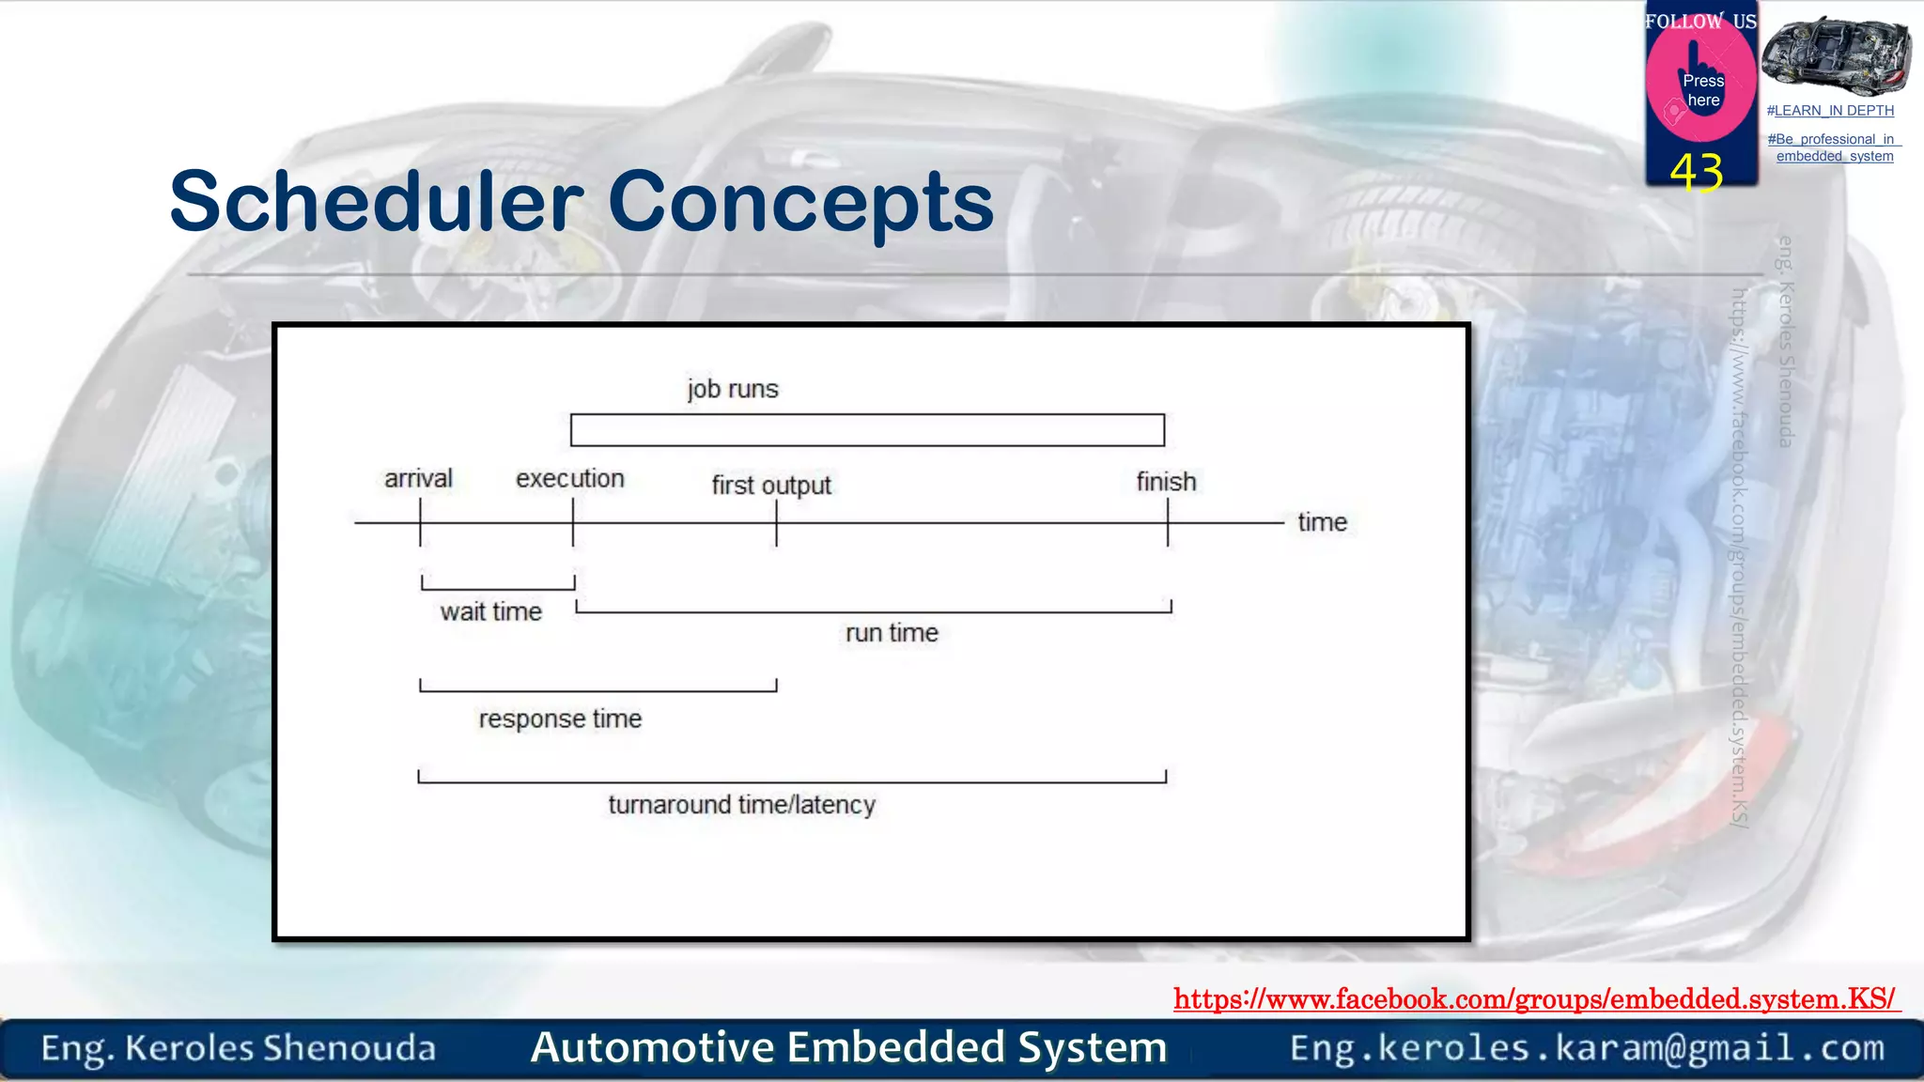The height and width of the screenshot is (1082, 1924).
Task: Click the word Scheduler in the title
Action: pos(376,202)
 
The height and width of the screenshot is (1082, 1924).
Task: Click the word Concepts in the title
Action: pos(800,202)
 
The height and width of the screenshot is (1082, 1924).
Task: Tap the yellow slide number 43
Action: pos(1697,173)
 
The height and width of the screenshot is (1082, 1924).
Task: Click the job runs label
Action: pos(732,389)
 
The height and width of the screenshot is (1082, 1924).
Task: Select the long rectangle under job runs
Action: pos(867,430)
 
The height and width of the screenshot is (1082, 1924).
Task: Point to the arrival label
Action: pos(418,479)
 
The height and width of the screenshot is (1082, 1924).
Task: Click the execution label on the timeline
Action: pos(569,479)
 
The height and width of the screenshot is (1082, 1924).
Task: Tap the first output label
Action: pos(771,486)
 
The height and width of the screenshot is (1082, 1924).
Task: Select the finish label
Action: pos(1166,482)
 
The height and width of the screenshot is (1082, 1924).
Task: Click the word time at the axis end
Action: pos(1322,522)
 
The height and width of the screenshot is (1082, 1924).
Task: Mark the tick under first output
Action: pos(776,523)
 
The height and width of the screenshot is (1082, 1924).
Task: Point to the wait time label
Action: pos(490,612)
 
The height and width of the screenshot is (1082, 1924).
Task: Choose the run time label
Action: pos(892,633)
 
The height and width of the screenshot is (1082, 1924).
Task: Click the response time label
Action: pos(560,719)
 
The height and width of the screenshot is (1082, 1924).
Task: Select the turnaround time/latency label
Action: pos(741,805)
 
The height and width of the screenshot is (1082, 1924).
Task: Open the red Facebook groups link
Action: pos(1535,998)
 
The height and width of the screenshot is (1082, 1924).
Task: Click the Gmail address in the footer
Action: pos(1587,1048)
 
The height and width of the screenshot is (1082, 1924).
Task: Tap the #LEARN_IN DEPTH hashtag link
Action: pos(1830,111)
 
